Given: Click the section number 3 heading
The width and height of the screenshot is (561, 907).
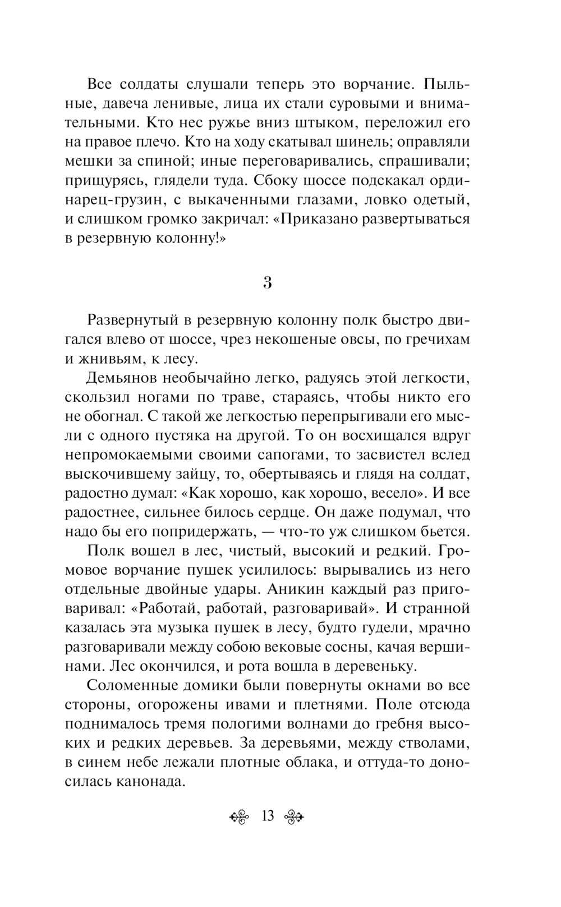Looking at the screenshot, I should [268, 283].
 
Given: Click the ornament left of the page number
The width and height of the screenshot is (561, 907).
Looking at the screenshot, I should [242, 817].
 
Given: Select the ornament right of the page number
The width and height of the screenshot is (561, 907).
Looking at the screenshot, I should [294, 817].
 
